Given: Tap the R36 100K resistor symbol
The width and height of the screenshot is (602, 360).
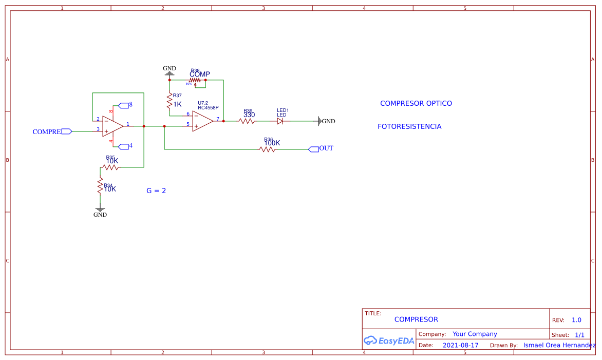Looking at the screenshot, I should [x=267, y=149].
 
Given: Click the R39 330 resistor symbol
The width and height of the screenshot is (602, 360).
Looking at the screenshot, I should [x=247, y=121].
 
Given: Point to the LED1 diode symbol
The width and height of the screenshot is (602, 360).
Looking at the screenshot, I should [x=280, y=121].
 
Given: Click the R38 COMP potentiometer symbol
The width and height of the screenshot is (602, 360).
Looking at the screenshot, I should [x=195, y=80].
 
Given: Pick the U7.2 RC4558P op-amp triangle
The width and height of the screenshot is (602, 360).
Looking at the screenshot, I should [x=202, y=121].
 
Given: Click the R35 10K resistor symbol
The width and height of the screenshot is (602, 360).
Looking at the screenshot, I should [x=110, y=167].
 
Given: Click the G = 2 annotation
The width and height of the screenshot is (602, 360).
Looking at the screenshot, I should [x=156, y=191].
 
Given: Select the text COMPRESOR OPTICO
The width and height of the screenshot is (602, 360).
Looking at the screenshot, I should [x=416, y=103].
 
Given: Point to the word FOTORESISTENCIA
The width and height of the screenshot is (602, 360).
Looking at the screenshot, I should [x=409, y=126].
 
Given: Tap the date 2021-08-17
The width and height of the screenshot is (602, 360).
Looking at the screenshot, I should [x=460, y=345].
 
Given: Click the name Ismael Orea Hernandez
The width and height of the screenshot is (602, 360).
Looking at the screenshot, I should [x=559, y=345].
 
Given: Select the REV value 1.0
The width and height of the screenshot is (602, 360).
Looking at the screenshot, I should [x=576, y=320].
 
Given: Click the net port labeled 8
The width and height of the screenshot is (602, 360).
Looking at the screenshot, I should [x=125, y=105].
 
